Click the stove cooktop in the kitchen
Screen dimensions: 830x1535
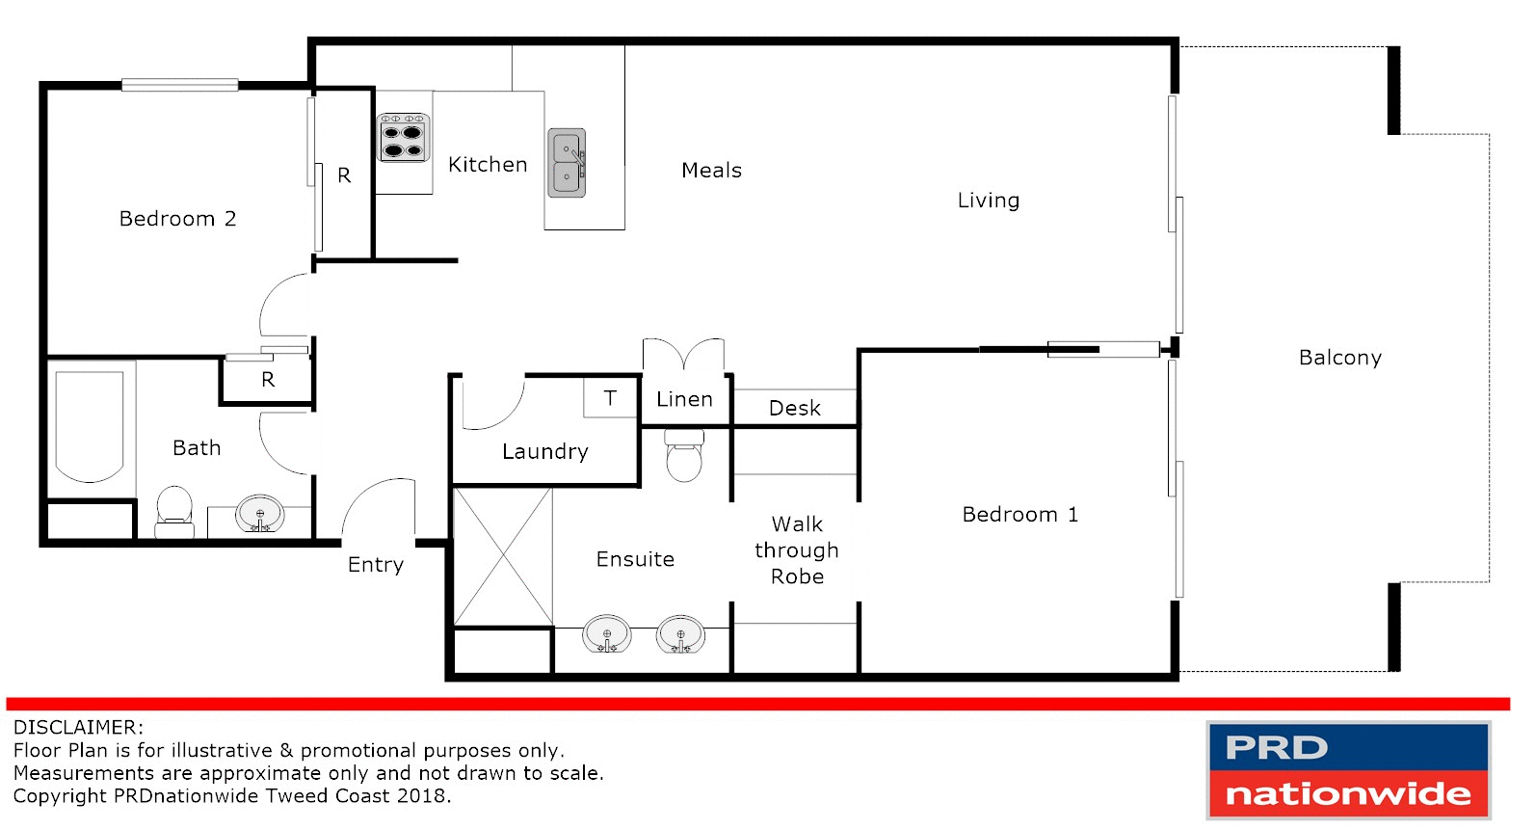tap(403, 138)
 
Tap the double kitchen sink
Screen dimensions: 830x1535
tap(567, 163)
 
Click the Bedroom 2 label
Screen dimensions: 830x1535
tap(177, 219)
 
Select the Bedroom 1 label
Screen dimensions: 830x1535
tap(1019, 515)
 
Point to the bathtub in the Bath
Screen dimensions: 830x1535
tap(90, 426)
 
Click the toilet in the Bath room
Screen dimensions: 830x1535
tap(174, 511)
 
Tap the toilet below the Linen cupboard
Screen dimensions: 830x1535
tap(684, 456)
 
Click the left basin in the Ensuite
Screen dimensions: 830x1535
tap(607, 635)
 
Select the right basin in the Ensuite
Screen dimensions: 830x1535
tap(680, 635)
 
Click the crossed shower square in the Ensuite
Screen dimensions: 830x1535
tap(502, 557)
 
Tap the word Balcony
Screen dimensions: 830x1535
tap(1339, 358)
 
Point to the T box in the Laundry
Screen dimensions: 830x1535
tap(610, 398)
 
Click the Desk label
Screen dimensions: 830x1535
tap(795, 408)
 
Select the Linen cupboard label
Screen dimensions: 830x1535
tap(684, 399)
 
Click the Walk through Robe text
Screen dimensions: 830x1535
tap(797, 550)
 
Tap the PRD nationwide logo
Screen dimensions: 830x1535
tap(1348, 770)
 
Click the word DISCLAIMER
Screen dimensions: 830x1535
tap(78, 728)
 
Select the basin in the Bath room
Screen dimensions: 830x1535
tap(260, 515)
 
